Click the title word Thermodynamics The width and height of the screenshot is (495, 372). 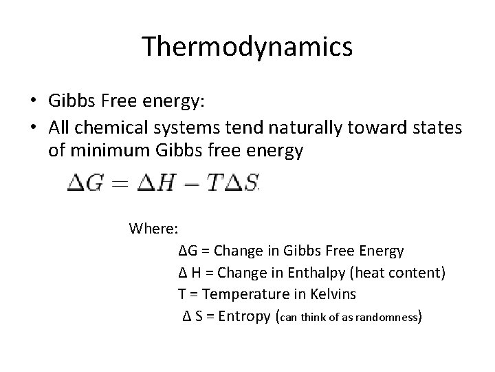[x=247, y=47]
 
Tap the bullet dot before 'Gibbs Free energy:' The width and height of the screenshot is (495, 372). [x=33, y=101]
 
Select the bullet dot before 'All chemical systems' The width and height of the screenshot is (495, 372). [x=33, y=126]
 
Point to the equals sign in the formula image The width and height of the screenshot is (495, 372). [x=119, y=183]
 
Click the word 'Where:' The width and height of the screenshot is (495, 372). [x=154, y=228]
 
